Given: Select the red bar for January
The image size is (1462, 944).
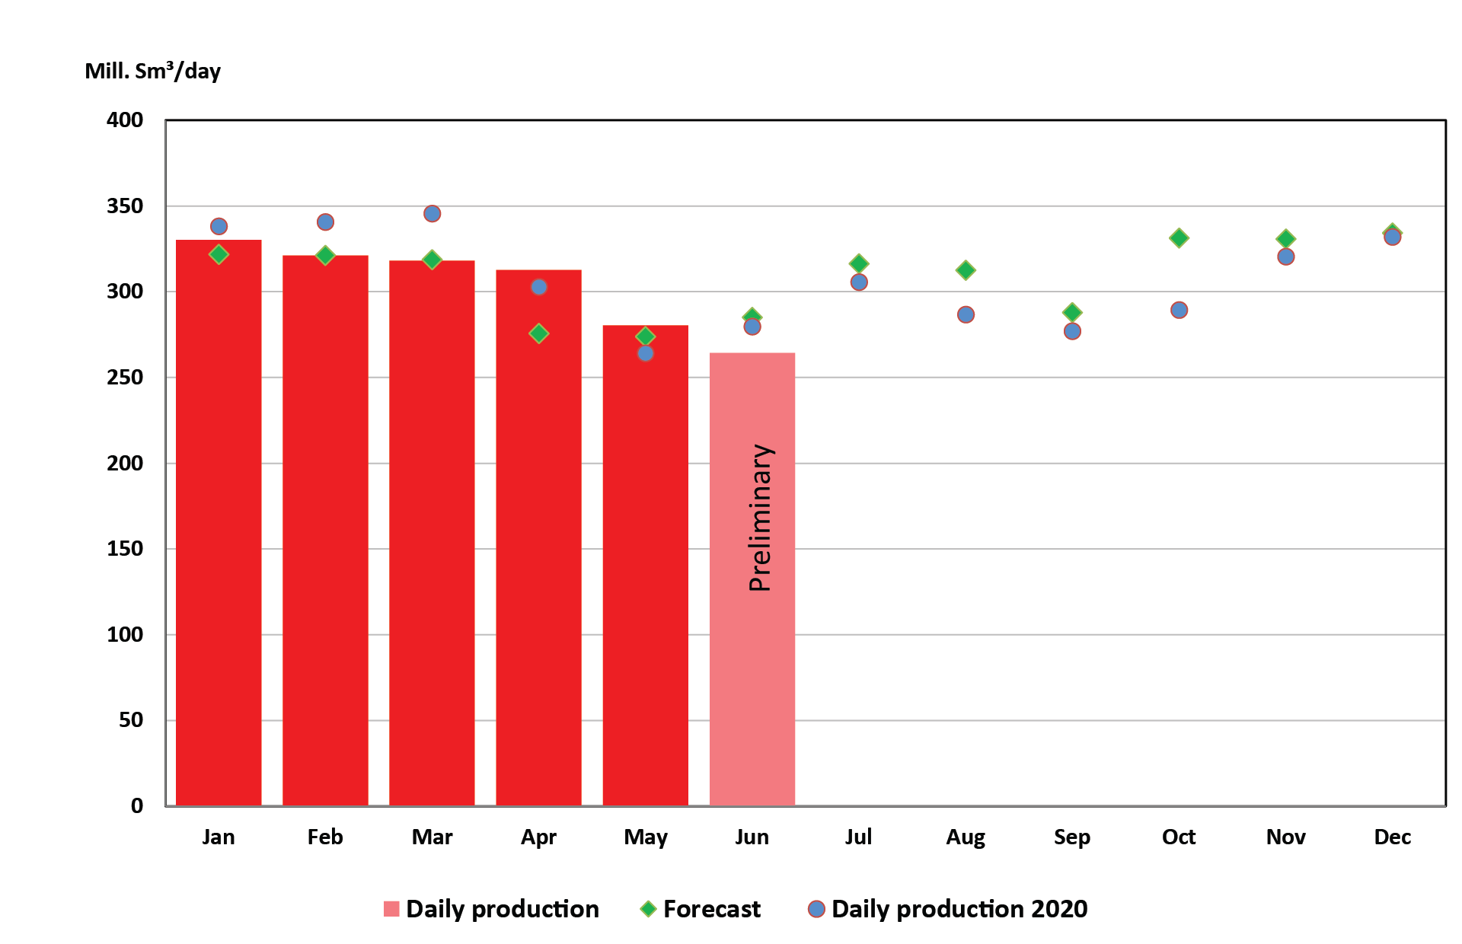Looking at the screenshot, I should (219, 525).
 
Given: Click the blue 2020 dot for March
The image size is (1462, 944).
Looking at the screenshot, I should (432, 214).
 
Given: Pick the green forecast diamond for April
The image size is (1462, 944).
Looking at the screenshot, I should (538, 333).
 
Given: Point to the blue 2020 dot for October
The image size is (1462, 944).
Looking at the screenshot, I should (1179, 310).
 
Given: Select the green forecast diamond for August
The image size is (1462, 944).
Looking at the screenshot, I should (966, 270).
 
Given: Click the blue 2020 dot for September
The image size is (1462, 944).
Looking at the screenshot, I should (1072, 331).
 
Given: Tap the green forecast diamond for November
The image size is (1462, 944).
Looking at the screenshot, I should (1285, 239).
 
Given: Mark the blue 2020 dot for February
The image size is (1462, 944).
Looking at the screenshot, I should (325, 222).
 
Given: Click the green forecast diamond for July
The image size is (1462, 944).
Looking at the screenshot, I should (859, 264).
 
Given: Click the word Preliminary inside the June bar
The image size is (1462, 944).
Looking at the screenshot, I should (760, 518).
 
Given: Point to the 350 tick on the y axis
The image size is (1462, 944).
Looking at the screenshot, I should (125, 206).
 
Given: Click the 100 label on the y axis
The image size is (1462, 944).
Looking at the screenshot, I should (125, 635).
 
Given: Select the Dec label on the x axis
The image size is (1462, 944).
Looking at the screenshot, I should (1392, 837).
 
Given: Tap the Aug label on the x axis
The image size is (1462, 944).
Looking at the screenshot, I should (966, 837).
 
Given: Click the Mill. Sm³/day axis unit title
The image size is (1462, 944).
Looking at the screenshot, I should (152, 71).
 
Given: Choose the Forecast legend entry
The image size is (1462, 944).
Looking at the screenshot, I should (711, 909).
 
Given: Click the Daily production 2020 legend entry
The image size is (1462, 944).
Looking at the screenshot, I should (959, 909).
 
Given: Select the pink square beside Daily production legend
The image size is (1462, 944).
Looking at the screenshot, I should (391, 909).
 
